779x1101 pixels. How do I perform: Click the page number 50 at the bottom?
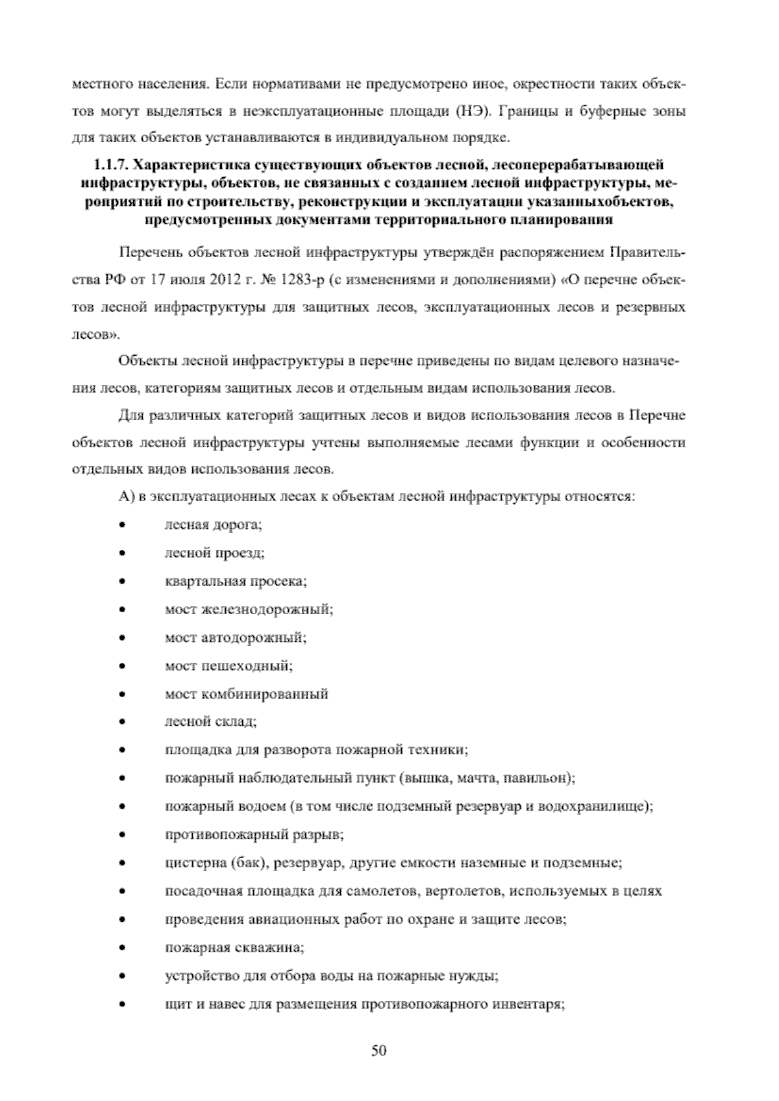pyautogui.click(x=379, y=1050)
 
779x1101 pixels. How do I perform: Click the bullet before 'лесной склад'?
pyautogui.click(x=121, y=722)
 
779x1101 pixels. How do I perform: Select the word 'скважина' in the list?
pyautogui.click(x=273, y=948)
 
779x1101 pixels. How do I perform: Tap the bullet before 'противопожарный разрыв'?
pyautogui.click(x=121, y=835)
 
